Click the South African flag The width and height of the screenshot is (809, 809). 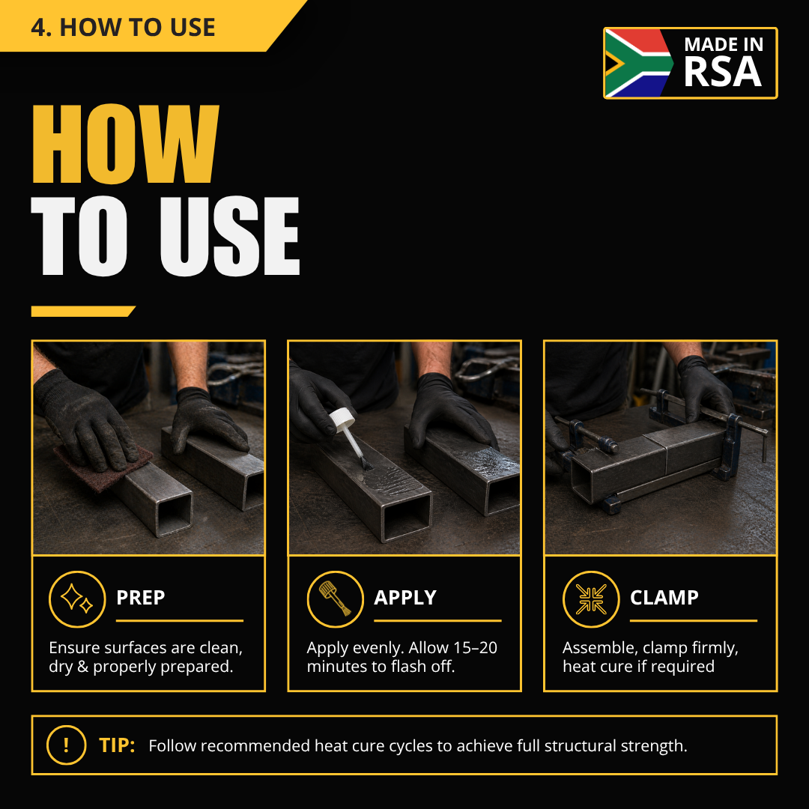(x=639, y=62)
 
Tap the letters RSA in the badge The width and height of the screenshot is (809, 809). (x=722, y=72)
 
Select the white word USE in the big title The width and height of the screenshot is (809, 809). (x=230, y=236)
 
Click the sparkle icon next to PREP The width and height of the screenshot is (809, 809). (x=77, y=599)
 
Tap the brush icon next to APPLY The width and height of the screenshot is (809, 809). (x=336, y=599)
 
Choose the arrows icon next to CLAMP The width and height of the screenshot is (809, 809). (x=591, y=599)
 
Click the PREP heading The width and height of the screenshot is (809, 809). (x=140, y=598)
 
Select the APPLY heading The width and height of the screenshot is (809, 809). (x=405, y=598)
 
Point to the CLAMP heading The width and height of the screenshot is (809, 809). (x=664, y=598)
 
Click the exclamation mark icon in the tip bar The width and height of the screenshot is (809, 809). (x=66, y=745)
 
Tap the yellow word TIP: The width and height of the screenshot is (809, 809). (x=117, y=745)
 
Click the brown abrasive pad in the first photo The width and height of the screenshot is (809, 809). (x=103, y=467)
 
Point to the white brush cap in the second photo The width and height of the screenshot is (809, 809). (x=342, y=418)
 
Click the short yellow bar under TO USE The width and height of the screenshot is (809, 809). (x=83, y=311)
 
